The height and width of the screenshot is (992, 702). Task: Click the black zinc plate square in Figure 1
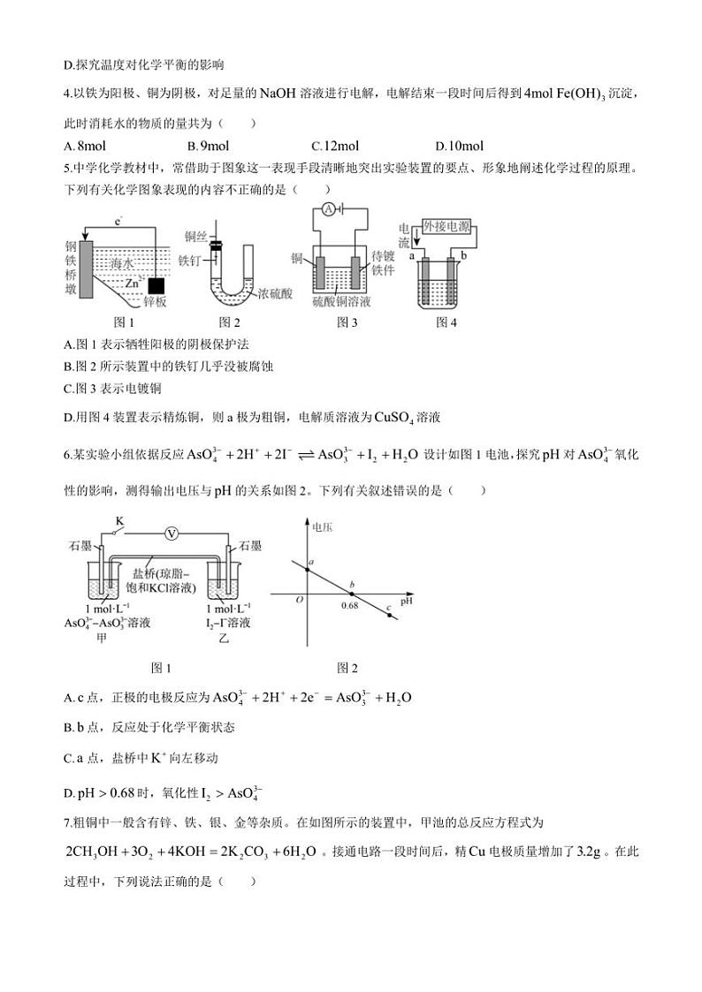pos(156,285)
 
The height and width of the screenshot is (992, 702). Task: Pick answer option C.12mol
pos(335,146)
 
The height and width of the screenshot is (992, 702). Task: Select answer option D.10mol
pos(460,146)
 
